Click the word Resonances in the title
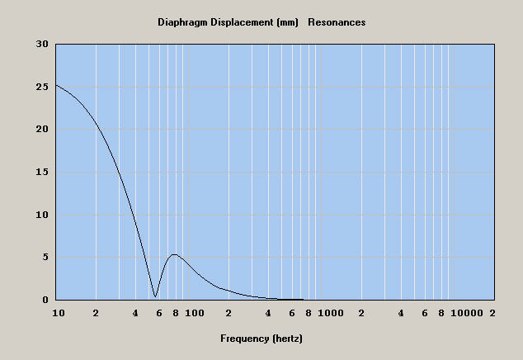(337, 22)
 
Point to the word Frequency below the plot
(244, 339)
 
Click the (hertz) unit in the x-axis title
(289, 339)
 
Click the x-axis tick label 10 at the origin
(58, 314)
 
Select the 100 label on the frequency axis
(194, 314)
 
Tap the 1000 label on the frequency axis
(330, 314)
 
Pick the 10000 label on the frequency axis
(467, 314)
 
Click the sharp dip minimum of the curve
(155, 296)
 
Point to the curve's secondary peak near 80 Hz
(174, 255)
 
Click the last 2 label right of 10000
(492, 314)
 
